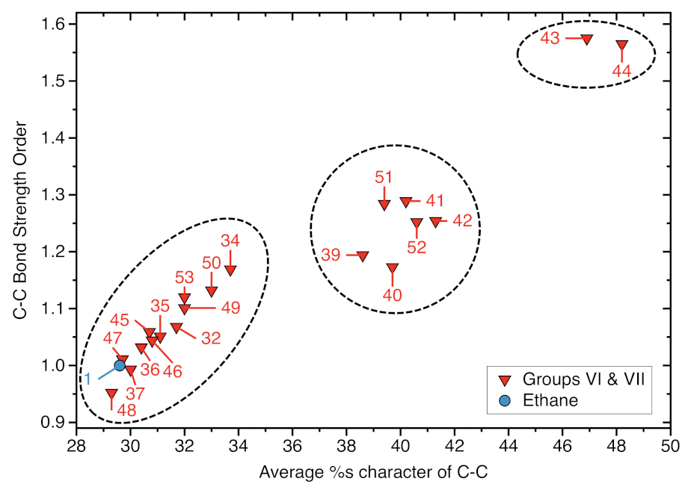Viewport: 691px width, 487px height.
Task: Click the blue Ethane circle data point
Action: (x=120, y=365)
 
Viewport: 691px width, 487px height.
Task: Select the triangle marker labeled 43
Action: (x=587, y=39)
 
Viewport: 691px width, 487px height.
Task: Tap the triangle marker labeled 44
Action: (x=622, y=46)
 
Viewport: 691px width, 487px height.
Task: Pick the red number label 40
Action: (x=393, y=294)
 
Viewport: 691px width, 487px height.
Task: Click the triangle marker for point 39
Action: (x=363, y=256)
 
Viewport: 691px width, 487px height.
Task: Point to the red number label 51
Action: (x=384, y=177)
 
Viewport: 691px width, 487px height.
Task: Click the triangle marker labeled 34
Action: (x=230, y=270)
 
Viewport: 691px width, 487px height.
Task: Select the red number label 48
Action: (x=126, y=410)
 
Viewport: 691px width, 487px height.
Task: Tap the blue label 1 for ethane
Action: (x=87, y=379)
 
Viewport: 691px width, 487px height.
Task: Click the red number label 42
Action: (x=462, y=222)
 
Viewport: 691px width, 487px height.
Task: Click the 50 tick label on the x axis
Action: (x=670, y=441)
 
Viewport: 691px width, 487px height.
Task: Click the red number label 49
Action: (x=230, y=308)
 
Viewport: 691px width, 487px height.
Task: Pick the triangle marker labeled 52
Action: (x=417, y=223)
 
